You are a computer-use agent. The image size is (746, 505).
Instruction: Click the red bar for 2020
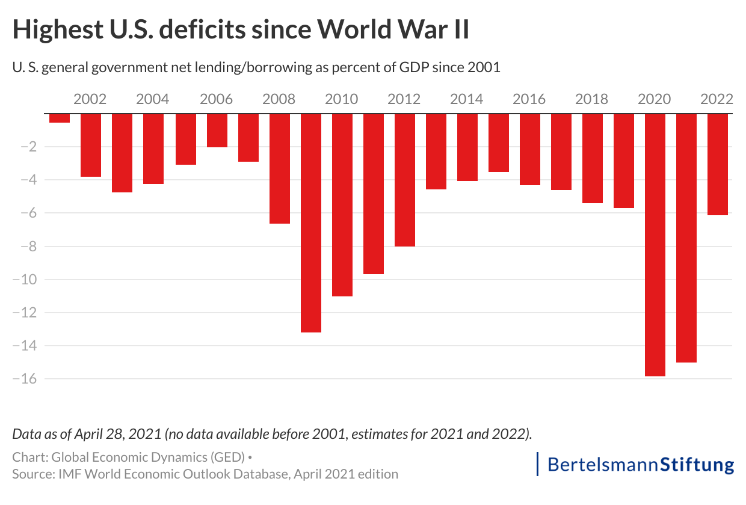click(x=655, y=245)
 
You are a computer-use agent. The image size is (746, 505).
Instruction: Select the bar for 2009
click(x=310, y=222)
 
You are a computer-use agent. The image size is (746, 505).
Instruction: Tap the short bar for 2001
click(x=60, y=118)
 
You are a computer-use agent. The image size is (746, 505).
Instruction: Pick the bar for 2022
click(x=717, y=164)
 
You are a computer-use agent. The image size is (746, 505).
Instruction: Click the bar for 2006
click(x=217, y=130)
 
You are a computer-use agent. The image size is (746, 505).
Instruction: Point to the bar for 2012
click(x=404, y=180)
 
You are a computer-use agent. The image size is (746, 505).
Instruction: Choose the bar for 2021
click(x=686, y=238)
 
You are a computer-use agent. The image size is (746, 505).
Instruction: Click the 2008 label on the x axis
click(x=279, y=99)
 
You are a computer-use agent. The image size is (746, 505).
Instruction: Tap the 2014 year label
click(x=467, y=99)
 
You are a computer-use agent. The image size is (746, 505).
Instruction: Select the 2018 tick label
click(x=592, y=99)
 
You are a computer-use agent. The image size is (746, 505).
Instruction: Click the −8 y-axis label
click(x=28, y=246)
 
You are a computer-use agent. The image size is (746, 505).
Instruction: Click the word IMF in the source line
click(x=68, y=474)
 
